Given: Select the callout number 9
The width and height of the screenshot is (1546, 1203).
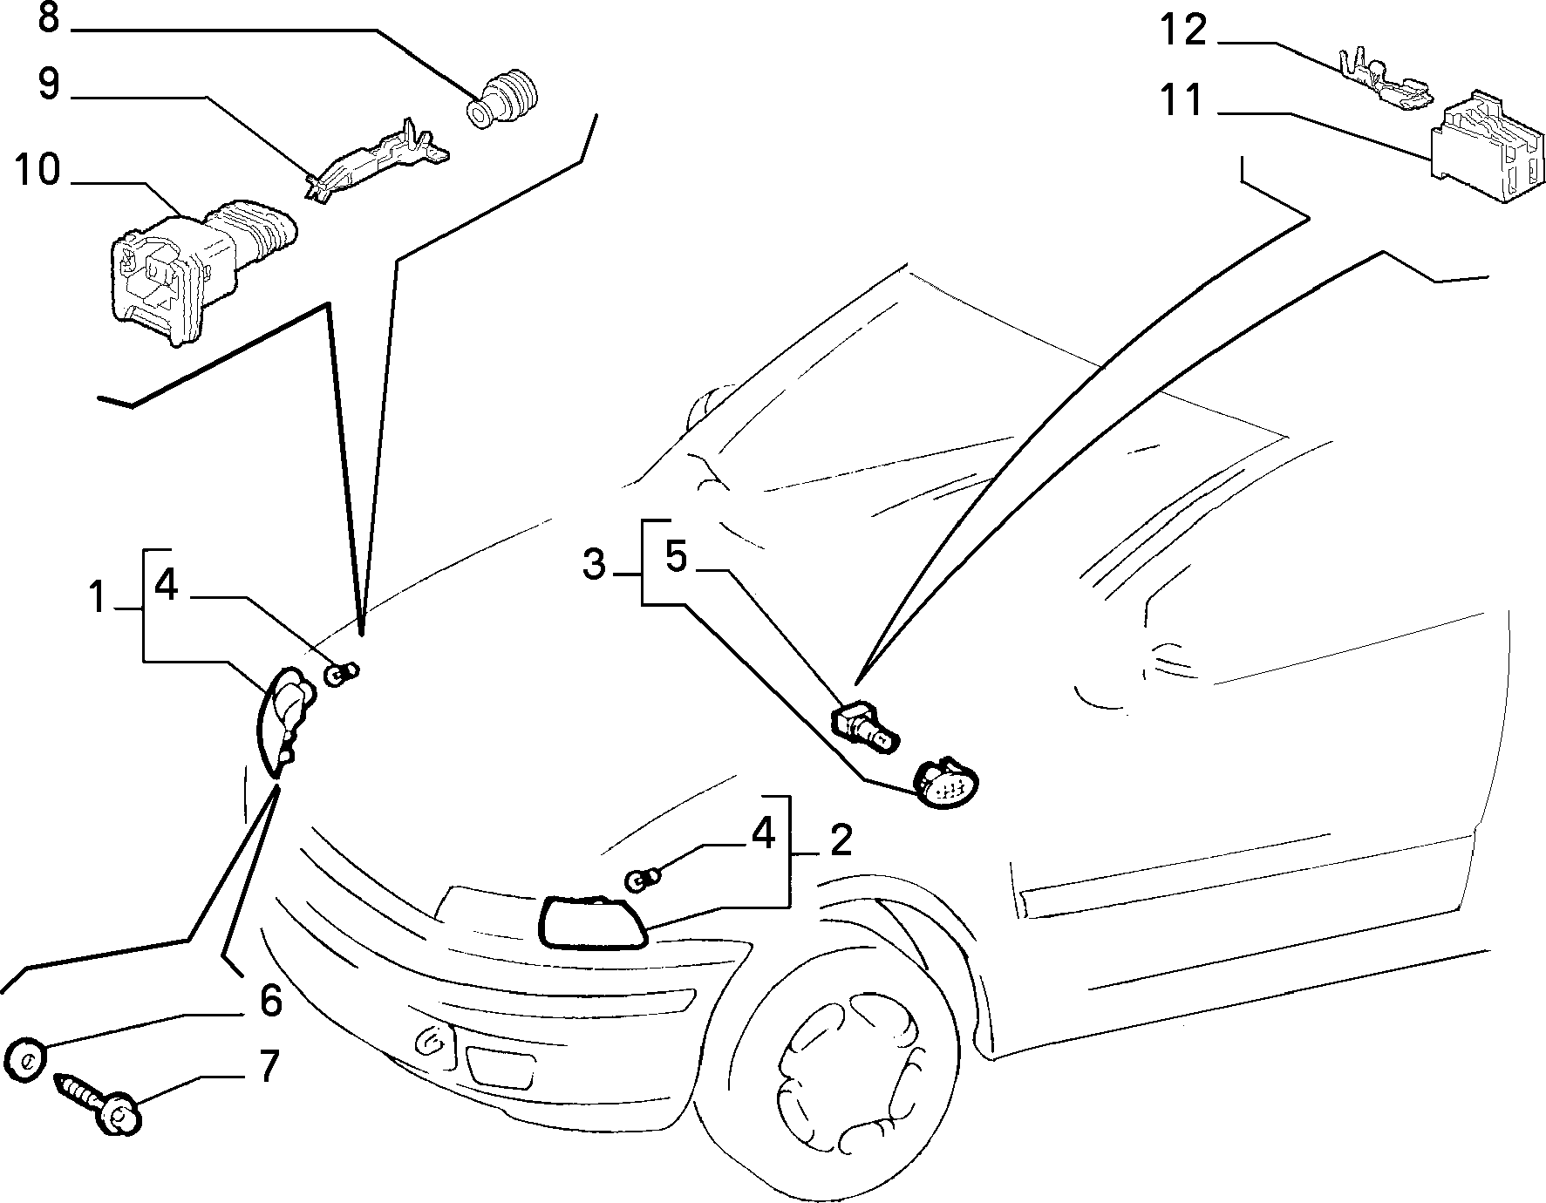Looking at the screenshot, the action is click(49, 85).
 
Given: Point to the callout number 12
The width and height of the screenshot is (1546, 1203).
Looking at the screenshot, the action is click(1183, 31).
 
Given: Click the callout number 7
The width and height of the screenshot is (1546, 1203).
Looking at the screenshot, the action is click(269, 1065).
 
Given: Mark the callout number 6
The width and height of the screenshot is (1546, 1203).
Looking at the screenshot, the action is click(271, 1000).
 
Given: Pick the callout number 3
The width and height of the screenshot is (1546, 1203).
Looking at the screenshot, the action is click(594, 565).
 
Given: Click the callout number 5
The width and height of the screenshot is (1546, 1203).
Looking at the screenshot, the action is click(677, 556).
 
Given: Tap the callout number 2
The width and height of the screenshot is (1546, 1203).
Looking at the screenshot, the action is click(841, 839).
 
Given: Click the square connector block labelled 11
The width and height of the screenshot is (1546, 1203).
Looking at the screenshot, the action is click(1485, 146).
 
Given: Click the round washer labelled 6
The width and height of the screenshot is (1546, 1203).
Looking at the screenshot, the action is click(24, 1059).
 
